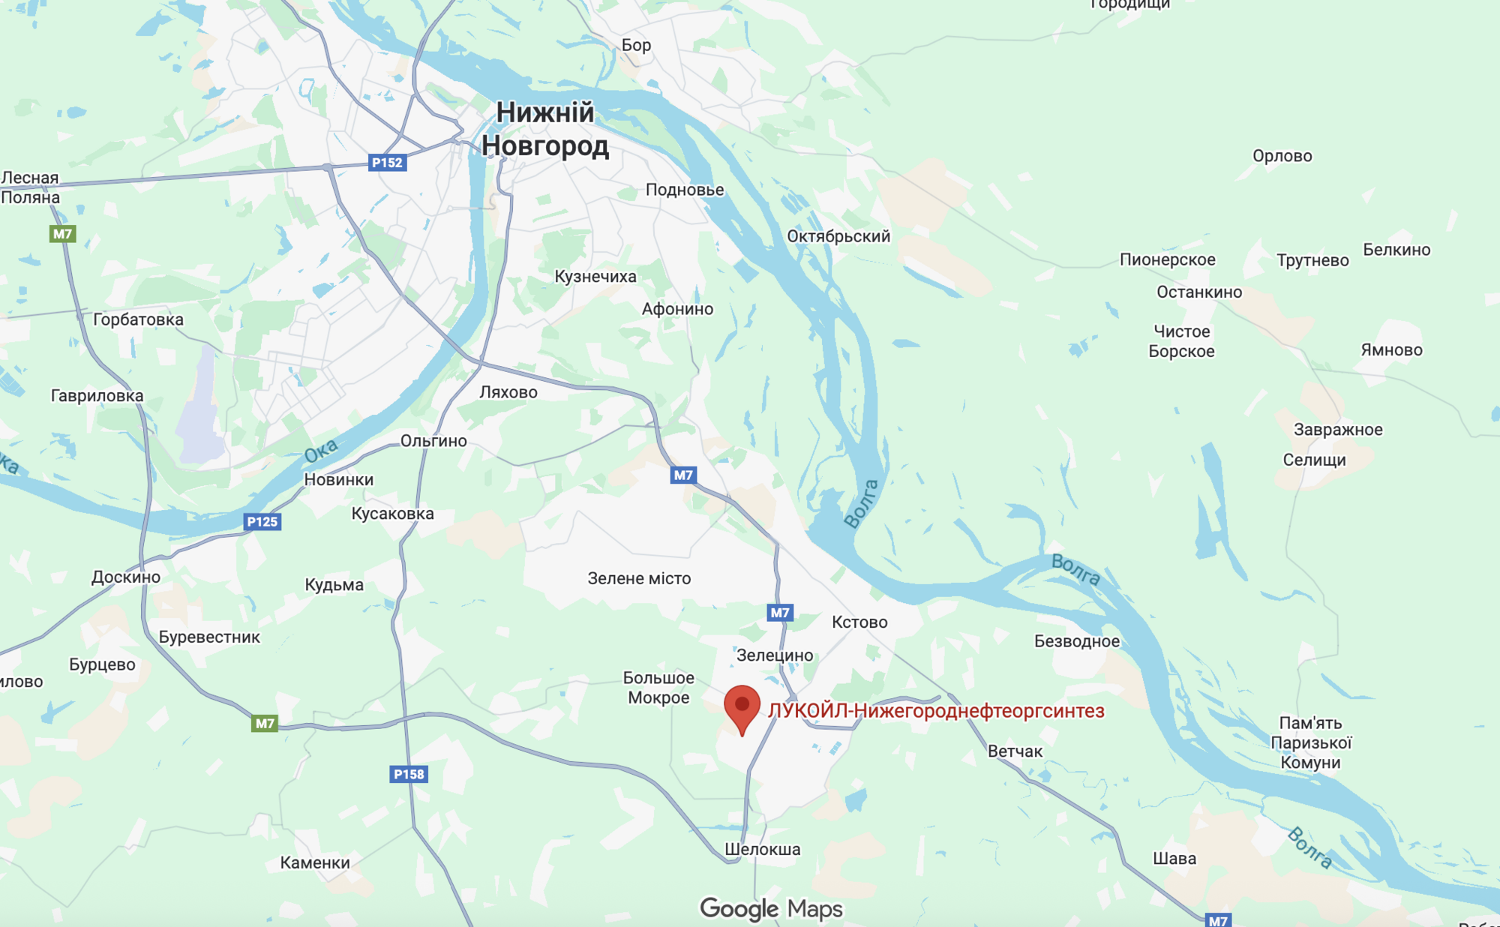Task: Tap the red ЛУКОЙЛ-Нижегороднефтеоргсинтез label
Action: pyautogui.click(x=936, y=711)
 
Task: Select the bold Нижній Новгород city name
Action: pyautogui.click(x=545, y=129)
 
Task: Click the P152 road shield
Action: pyautogui.click(x=387, y=163)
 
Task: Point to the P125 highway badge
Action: pyautogui.click(x=262, y=522)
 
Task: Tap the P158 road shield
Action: pyautogui.click(x=409, y=774)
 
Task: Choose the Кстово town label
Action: pyautogui.click(x=859, y=622)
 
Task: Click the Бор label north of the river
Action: pyautogui.click(x=636, y=45)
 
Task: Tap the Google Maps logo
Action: pyautogui.click(x=771, y=909)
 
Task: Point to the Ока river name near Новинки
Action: pyautogui.click(x=321, y=451)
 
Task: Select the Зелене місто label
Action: pyautogui.click(x=639, y=578)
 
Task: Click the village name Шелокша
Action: pyautogui.click(x=762, y=850)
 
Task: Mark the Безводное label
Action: pyautogui.click(x=1076, y=641)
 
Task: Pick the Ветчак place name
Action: pyautogui.click(x=1015, y=751)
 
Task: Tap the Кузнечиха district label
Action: pyautogui.click(x=595, y=277)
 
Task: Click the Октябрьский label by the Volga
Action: pyautogui.click(x=838, y=236)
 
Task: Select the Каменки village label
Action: pyautogui.click(x=315, y=862)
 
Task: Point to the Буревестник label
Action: pyautogui.click(x=209, y=637)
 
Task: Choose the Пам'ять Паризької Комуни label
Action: pyautogui.click(x=1310, y=742)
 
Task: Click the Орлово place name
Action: pyautogui.click(x=1282, y=156)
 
